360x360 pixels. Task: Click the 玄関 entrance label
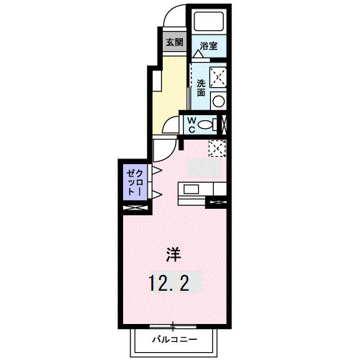[174, 42]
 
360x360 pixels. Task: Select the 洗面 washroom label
[202, 88]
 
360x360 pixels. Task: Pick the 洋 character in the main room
[174, 254]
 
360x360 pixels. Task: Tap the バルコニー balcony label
[174, 338]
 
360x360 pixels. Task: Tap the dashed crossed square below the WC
[217, 148]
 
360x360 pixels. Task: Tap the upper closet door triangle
[156, 170]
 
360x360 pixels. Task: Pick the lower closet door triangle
[156, 194]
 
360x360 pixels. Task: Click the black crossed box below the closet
[135, 208]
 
